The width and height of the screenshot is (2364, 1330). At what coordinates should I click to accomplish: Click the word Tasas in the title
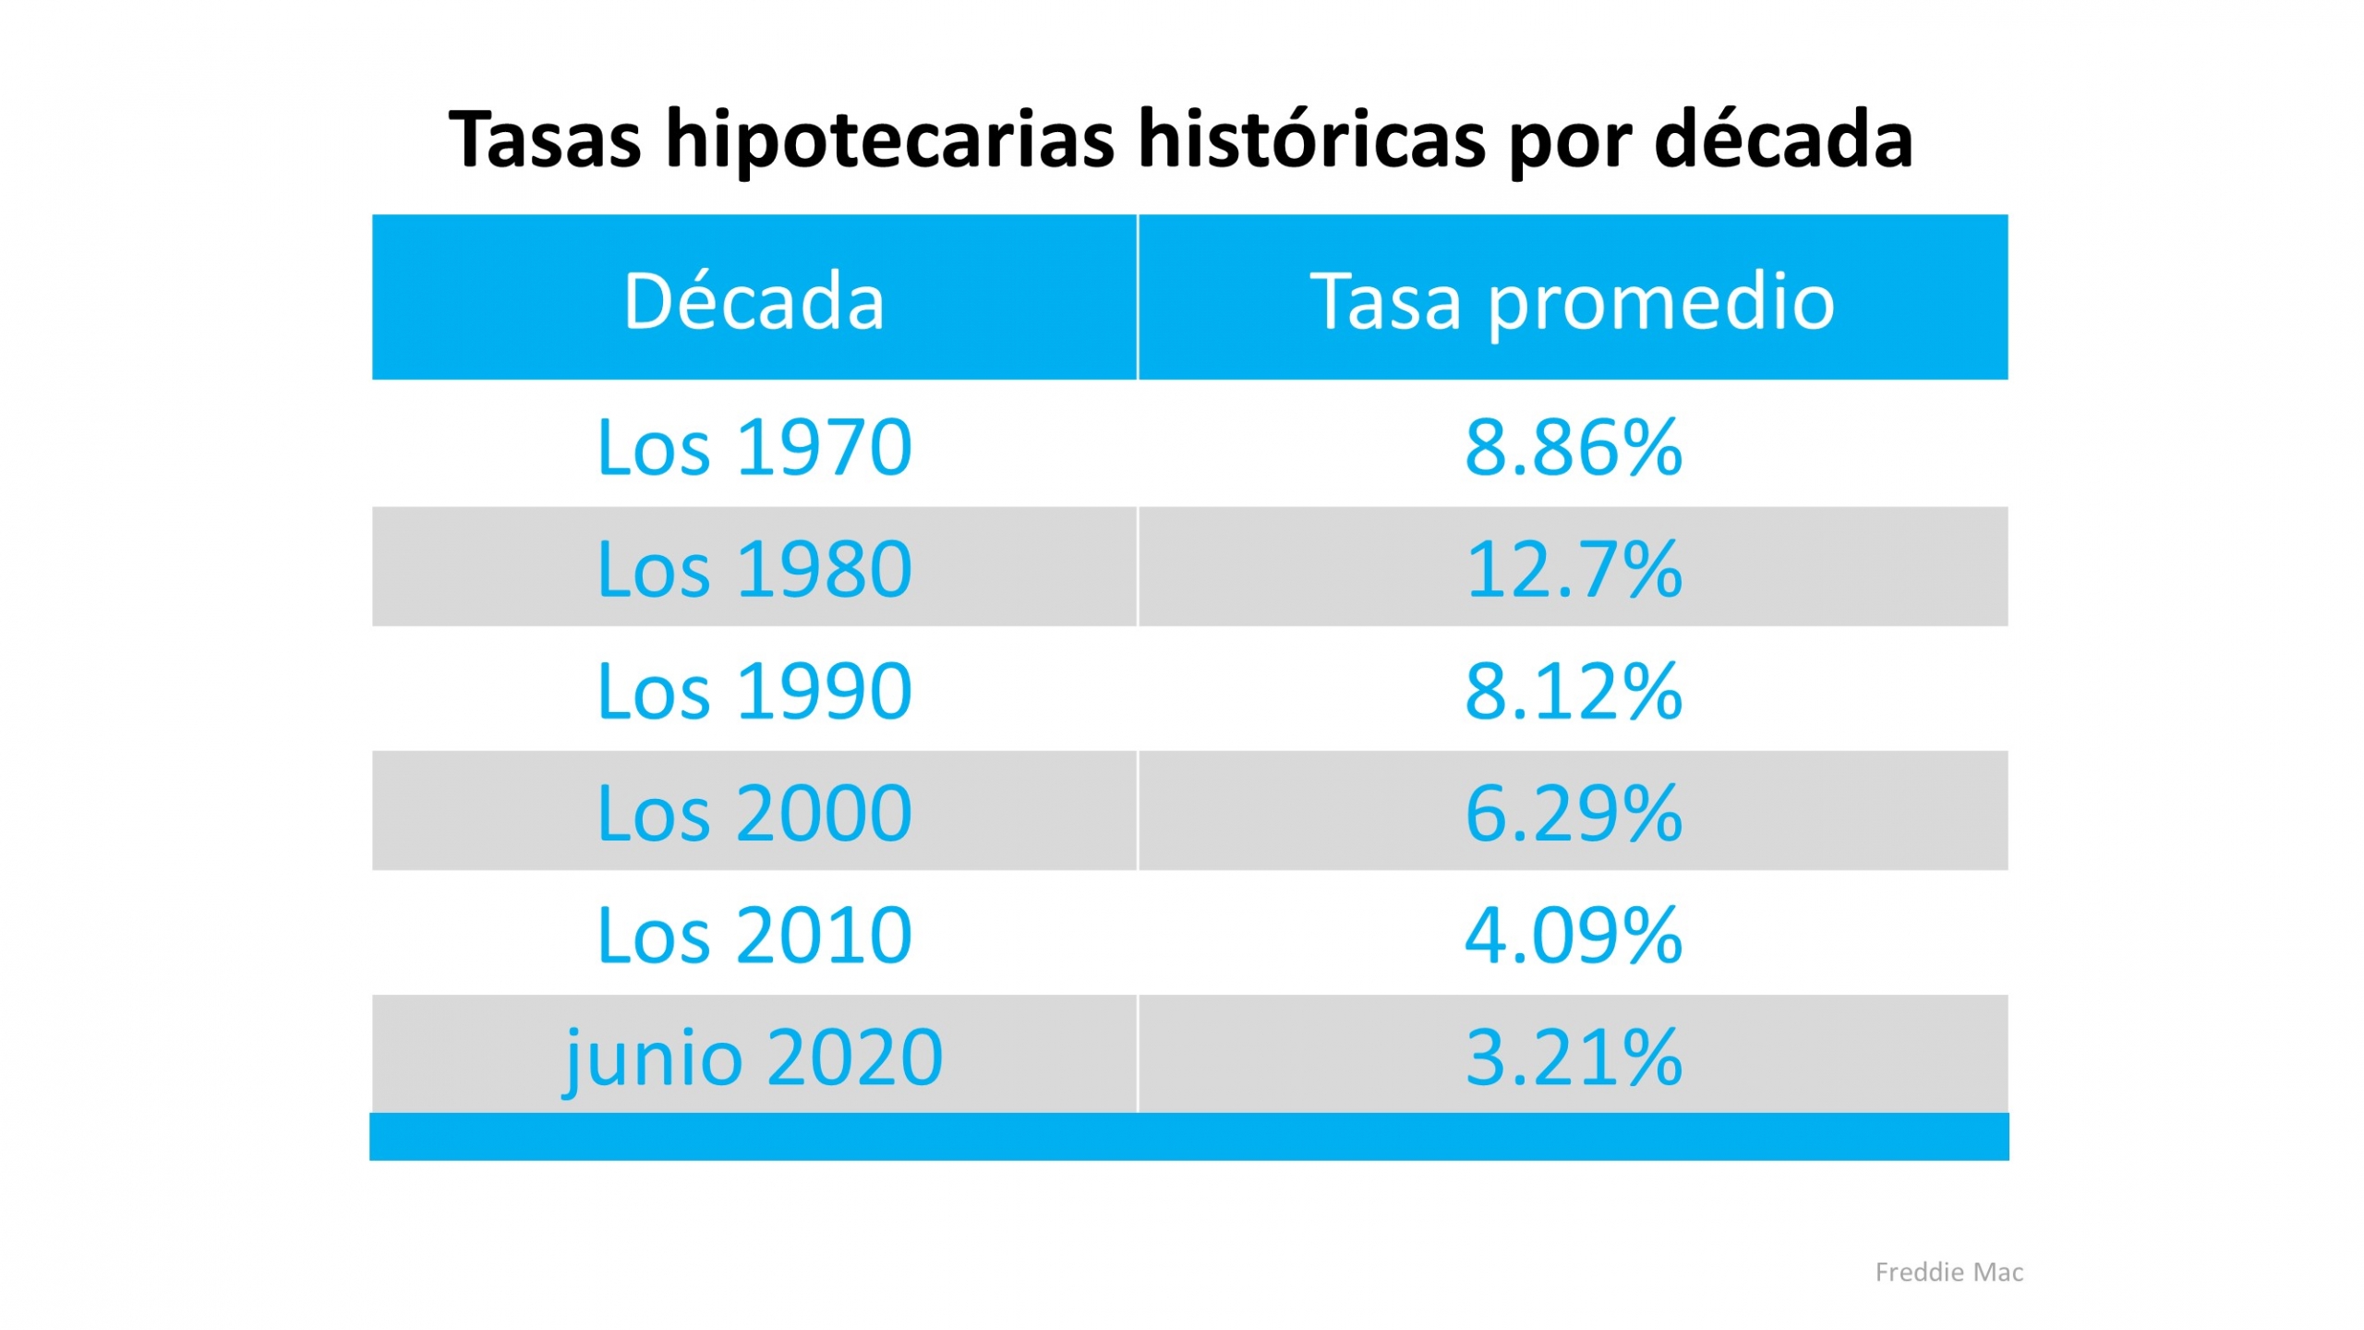pyautogui.click(x=544, y=140)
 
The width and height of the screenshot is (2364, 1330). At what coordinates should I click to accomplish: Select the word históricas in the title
pyautogui.click(x=1311, y=140)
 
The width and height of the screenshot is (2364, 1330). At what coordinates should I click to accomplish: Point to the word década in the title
pyautogui.click(x=1783, y=140)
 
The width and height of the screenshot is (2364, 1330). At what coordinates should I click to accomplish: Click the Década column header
pyautogui.click(x=754, y=300)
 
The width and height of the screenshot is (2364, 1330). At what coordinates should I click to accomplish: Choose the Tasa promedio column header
pyautogui.click(x=1572, y=300)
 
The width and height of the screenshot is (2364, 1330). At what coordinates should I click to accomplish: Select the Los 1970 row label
pyautogui.click(x=754, y=448)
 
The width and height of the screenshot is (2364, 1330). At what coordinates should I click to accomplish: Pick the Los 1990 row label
pyautogui.click(x=754, y=692)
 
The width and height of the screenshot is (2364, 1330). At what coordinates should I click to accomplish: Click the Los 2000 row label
pyautogui.click(x=754, y=814)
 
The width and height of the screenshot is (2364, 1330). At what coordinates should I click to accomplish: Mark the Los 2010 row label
pyautogui.click(x=754, y=936)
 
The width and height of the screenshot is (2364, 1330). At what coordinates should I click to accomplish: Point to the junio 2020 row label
pyautogui.click(x=754, y=1058)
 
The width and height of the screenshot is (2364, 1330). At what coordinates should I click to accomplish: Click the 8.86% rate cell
pyautogui.click(x=1574, y=448)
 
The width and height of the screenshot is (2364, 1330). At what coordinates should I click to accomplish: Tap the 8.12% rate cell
pyautogui.click(x=1574, y=692)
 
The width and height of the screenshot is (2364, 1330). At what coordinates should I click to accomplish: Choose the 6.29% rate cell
pyautogui.click(x=1574, y=814)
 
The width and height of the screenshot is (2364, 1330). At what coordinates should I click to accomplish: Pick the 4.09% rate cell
pyautogui.click(x=1574, y=936)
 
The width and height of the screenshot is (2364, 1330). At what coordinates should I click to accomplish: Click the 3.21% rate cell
pyautogui.click(x=1574, y=1058)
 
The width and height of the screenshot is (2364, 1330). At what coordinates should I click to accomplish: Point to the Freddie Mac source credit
pyautogui.click(x=1948, y=1273)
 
